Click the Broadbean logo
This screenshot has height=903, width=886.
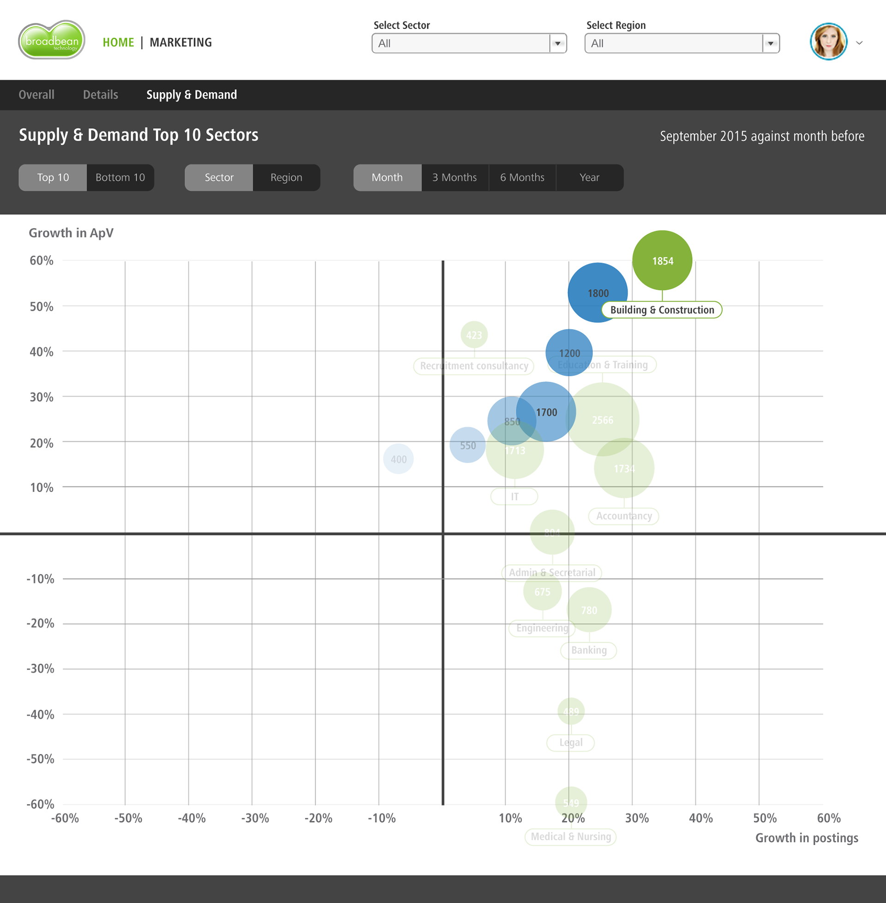pyautogui.click(x=52, y=41)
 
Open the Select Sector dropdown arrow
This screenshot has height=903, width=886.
pyautogui.click(x=557, y=43)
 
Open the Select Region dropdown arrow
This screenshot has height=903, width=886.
pyautogui.click(x=771, y=43)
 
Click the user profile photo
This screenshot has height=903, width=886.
pyautogui.click(x=828, y=42)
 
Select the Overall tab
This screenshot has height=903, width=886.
pyautogui.click(x=36, y=95)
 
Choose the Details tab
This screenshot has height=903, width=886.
pyautogui.click(x=101, y=95)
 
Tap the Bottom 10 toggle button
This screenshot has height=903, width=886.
pyautogui.click(x=120, y=177)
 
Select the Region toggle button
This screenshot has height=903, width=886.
pyautogui.click(x=286, y=177)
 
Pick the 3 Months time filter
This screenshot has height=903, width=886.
pyautogui.click(x=455, y=177)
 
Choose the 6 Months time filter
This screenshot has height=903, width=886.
pyautogui.click(x=522, y=177)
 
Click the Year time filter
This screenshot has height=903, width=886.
pyautogui.click(x=589, y=177)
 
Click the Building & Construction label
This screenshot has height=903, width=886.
pyautogui.click(x=662, y=310)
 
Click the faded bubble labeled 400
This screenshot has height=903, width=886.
pyautogui.click(x=398, y=459)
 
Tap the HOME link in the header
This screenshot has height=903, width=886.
pyautogui.click(x=118, y=42)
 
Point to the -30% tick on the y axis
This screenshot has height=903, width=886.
pyautogui.click(x=41, y=669)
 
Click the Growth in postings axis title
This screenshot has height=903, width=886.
pyautogui.click(x=807, y=838)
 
